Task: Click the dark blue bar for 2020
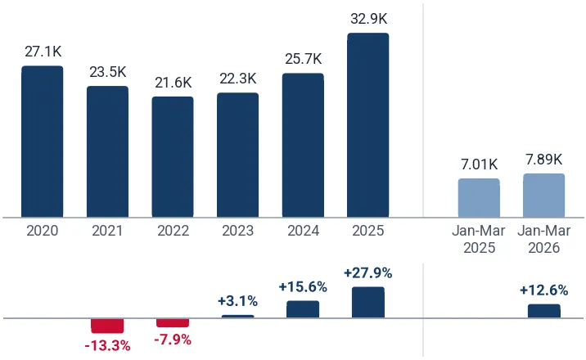pyautogui.click(x=43, y=142)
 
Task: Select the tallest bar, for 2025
pyautogui.click(x=368, y=125)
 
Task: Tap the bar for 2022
pyautogui.click(x=173, y=157)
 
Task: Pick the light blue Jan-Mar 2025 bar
pyautogui.click(x=479, y=198)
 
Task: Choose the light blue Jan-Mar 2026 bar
pyautogui.click(x=544, y=196)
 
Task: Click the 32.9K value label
pyautogui.click(x=369, y=19)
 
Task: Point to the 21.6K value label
pyautogui.click(x=174, y=83)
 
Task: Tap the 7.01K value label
pyautogui.click(x=479, y=164)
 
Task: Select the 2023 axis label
pyautogui.click(x=237, y=231)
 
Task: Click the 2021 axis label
pyautogui.click(x=108, y=231)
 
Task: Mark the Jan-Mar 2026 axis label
pyautogui.click(x=544, y=239)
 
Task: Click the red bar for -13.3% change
pyautogui.click(x=107, y=326)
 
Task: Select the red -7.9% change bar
pyautogui.click(x=173, y=322)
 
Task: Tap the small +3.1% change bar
pyautogui.click(x=237, y=317)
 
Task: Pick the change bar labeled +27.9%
pyautogui.click(x=368, y=303)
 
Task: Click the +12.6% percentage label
pyautogui.click(x=544, y=290)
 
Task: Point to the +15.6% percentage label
pyautogui.click(x=303, y=287)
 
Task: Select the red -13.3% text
pyautogui.click(x=108, y=346)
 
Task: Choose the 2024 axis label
pyautogui.click(x=303, y=231)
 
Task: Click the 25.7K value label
pyautogui.click(x=304, y=59)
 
